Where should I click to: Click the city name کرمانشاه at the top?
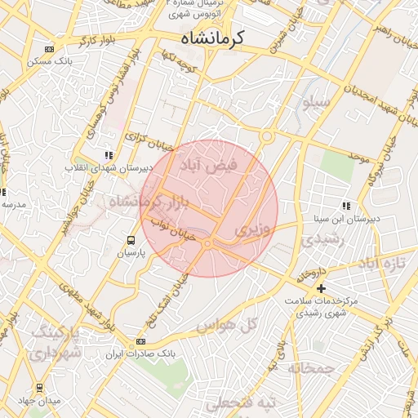(213, 38)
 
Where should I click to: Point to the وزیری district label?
(252, 231)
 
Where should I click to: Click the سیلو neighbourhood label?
(316, 104)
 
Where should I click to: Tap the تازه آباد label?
(382, 264)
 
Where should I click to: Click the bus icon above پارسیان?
(130, 240)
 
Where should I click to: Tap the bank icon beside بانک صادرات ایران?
(141, 341)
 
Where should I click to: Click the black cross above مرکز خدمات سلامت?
(322, 288)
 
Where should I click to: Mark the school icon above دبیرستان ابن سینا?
(346, 207)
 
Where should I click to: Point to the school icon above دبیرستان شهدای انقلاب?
(108, 154)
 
